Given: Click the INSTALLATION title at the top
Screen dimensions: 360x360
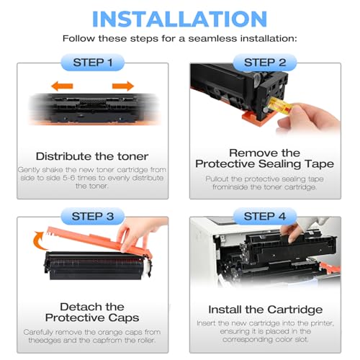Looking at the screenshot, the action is (179, 19).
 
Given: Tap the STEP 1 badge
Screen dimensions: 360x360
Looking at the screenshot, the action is (93, 63).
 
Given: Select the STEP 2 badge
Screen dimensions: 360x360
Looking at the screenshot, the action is (265, 63).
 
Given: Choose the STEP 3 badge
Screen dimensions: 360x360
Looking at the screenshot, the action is (93, 216).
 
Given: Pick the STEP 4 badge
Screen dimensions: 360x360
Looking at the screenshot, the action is (265, 216).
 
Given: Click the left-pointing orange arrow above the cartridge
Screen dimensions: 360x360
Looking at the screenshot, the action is (62, 86).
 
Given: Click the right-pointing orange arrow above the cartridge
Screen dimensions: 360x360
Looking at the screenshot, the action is (123, 86).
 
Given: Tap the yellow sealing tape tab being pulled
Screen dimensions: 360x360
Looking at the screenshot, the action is (279, 107).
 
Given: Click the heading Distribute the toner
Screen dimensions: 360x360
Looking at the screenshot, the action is (92, 156).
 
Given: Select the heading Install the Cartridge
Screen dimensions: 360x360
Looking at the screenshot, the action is (265, 310).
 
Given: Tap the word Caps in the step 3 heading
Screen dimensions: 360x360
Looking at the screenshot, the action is (124, 318).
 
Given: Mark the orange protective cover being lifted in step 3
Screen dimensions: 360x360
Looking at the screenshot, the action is (99, 240).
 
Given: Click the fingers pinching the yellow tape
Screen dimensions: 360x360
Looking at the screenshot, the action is (308, 117).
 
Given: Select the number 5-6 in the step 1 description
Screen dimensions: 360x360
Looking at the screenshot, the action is (69, 178).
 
